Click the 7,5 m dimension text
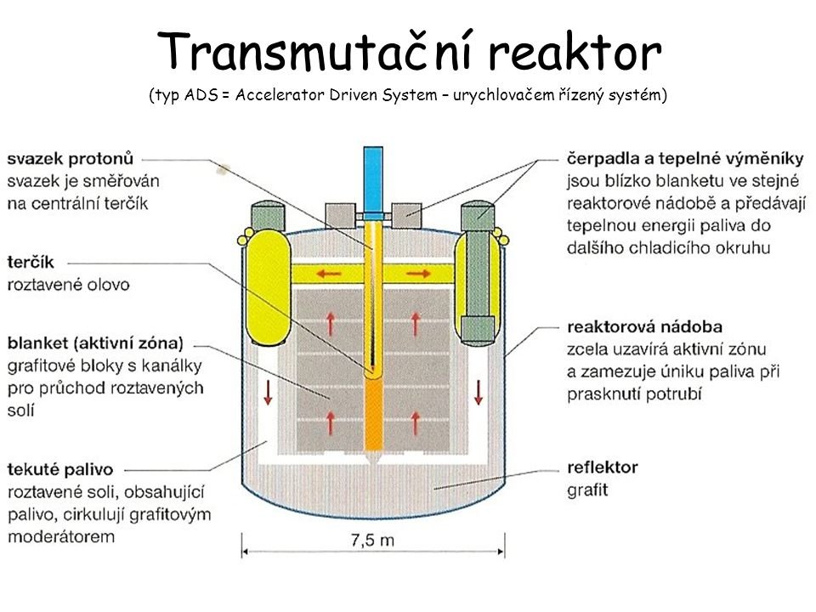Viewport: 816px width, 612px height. (x=375, y=539)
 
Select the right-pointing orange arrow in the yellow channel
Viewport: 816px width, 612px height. (x=416, y=273)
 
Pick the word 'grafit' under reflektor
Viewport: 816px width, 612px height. (x=587, y=490)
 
